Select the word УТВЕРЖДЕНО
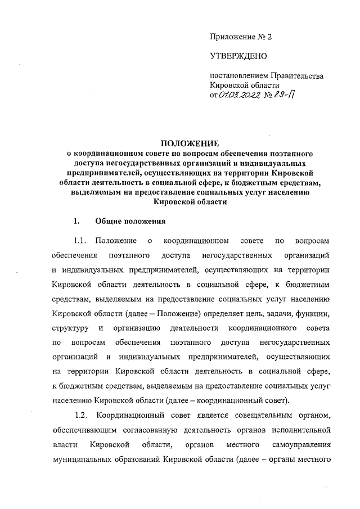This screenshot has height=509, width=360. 234,56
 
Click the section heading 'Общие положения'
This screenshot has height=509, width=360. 130,220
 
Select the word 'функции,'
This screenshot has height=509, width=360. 313,313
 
